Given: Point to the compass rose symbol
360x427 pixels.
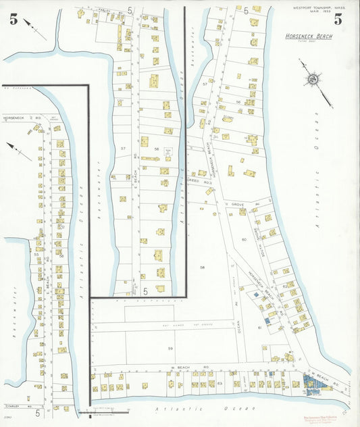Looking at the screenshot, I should coord(313,80).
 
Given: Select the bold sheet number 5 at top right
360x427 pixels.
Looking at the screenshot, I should coord(337,19).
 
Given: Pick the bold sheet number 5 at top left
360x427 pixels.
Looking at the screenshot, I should coord(14,19).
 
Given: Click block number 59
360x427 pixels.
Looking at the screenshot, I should coord(170,348).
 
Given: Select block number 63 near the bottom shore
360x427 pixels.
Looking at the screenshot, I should coord(220,383).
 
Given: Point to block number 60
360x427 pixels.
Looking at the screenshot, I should coord(244,239).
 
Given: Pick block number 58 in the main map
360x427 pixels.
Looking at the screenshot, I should coord(201,268).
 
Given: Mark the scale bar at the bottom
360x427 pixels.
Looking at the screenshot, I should coord(108,411).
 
